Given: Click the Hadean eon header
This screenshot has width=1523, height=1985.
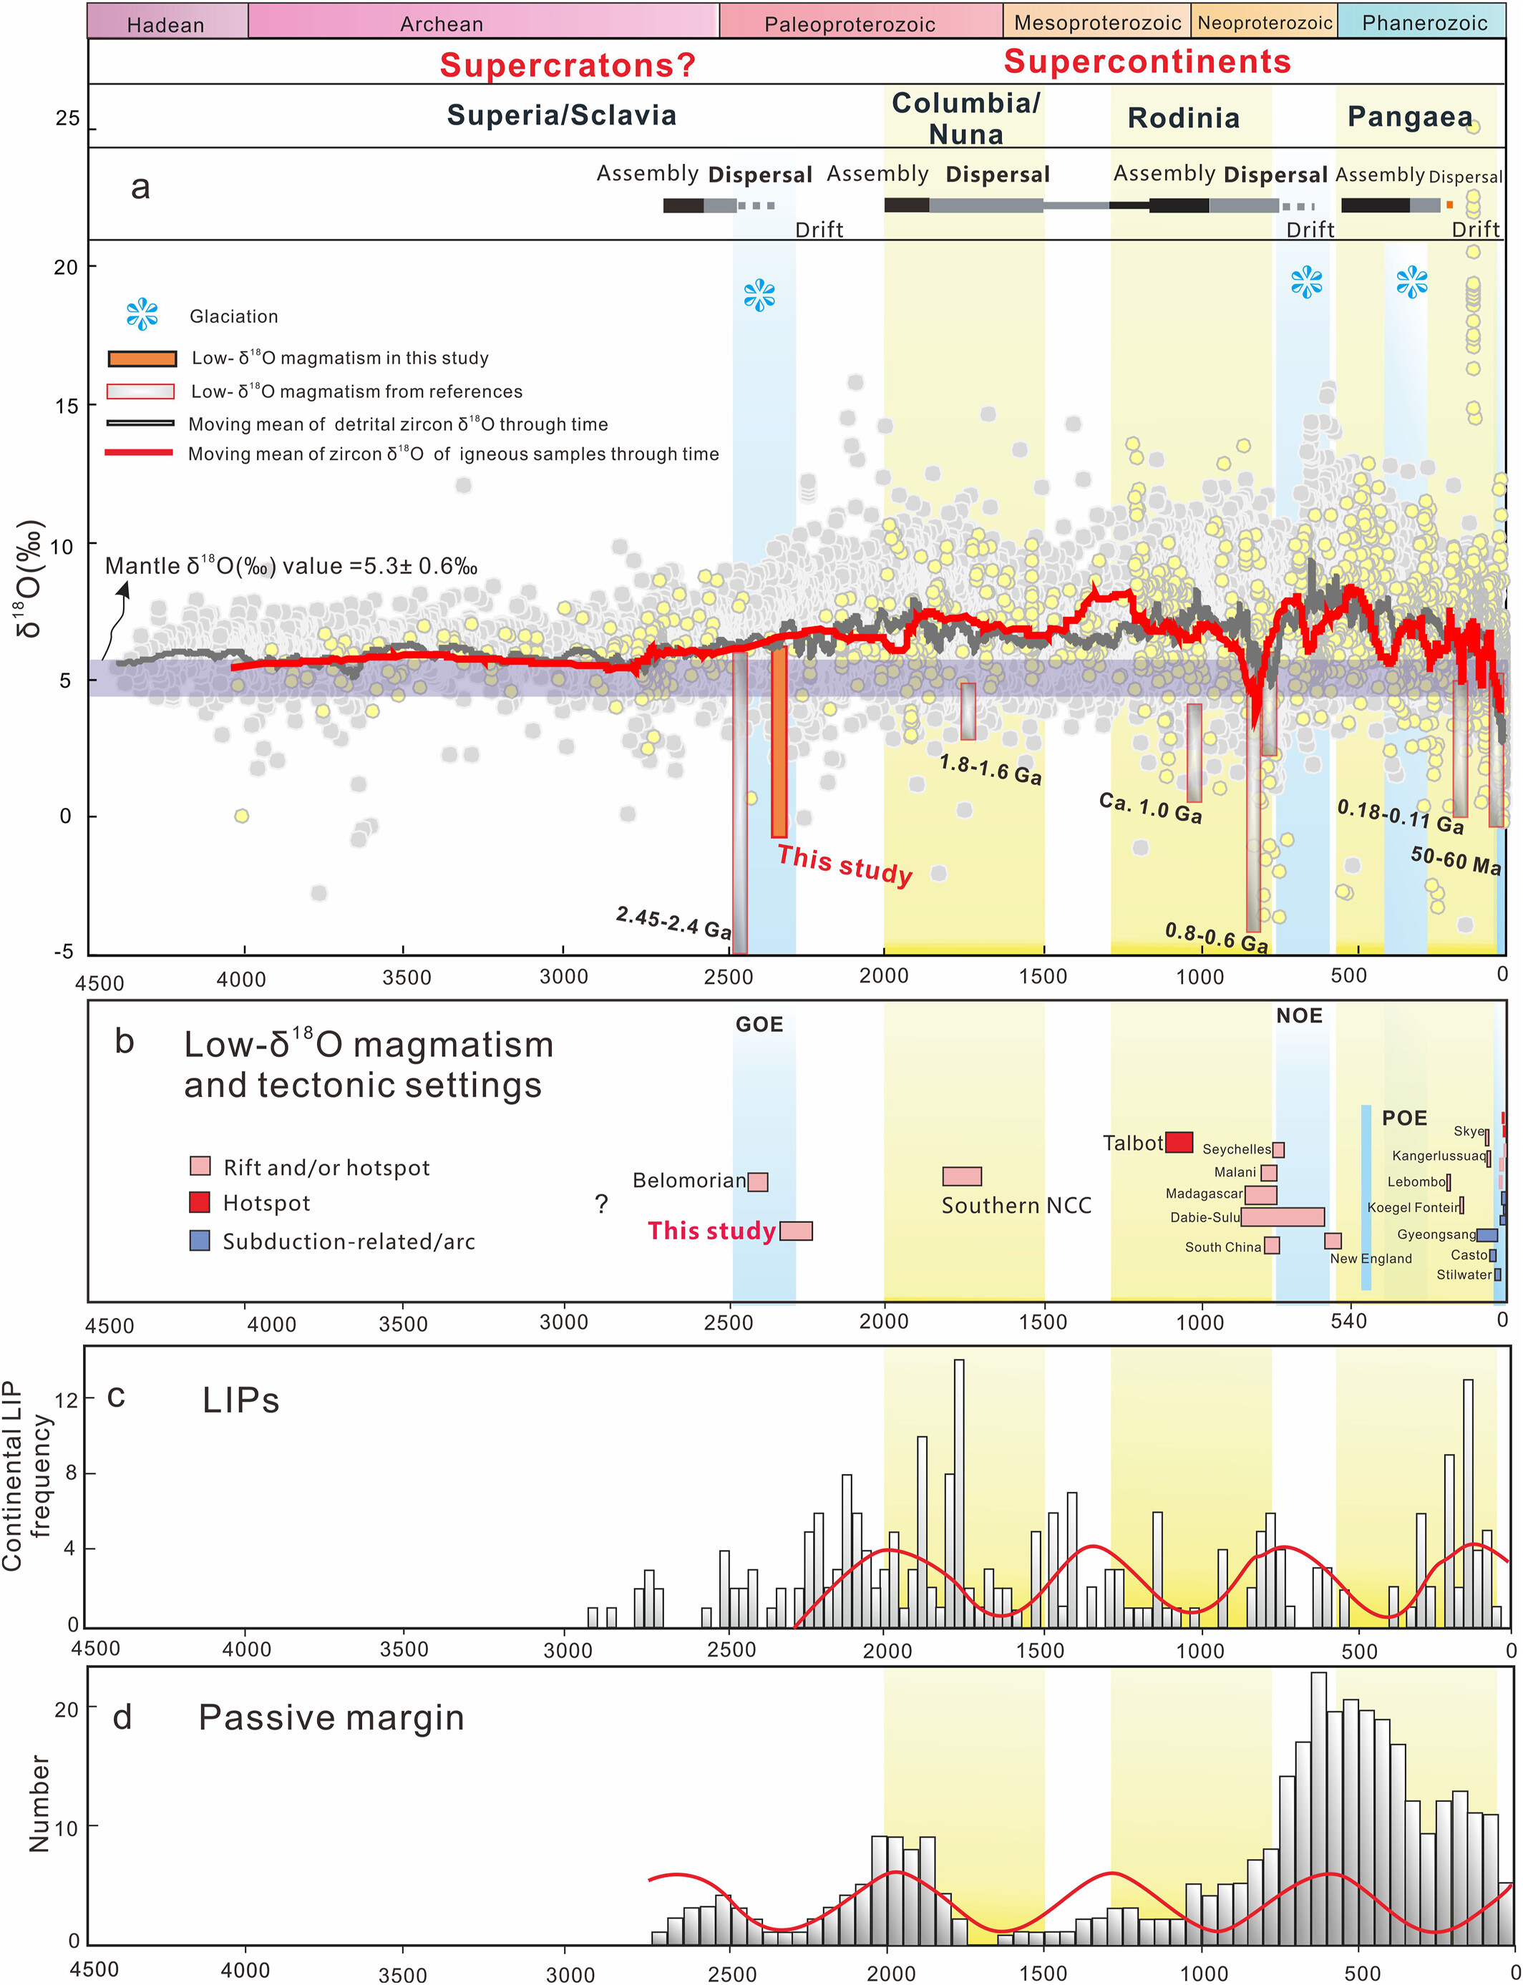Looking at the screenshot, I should tap(167, 24).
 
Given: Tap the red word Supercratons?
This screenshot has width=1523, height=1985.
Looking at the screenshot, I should tap(568, 65).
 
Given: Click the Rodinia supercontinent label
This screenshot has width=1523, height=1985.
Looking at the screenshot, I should tap(1183, 118).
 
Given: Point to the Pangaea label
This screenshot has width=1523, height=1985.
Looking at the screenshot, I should tap(1410, 117).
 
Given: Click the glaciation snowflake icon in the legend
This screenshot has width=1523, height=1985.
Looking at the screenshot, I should tap(142, 315).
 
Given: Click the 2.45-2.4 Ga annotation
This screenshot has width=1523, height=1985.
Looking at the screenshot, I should tap(673, 922).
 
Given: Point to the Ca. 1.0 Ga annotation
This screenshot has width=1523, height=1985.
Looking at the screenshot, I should tap(1150, 806).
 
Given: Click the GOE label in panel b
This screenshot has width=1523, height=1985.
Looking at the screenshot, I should tap(759, 1024).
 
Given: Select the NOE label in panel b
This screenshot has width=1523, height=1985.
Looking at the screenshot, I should tap(1299, 1016).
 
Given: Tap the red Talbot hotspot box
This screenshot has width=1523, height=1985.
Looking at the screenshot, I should tap(1179, 1142).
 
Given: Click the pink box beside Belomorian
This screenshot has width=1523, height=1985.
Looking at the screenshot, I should tap(758, 1181).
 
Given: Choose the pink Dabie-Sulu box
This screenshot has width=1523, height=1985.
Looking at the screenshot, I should tap(1282, 1216).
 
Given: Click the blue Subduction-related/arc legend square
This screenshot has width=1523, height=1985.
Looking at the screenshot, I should tap(200, 1240).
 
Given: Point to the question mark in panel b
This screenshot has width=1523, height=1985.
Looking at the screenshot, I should tap(601, 1204).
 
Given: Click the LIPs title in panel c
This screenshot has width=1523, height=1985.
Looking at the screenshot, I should tap(240, 1400).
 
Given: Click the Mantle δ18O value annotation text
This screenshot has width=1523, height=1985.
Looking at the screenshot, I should tap(291, 567).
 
